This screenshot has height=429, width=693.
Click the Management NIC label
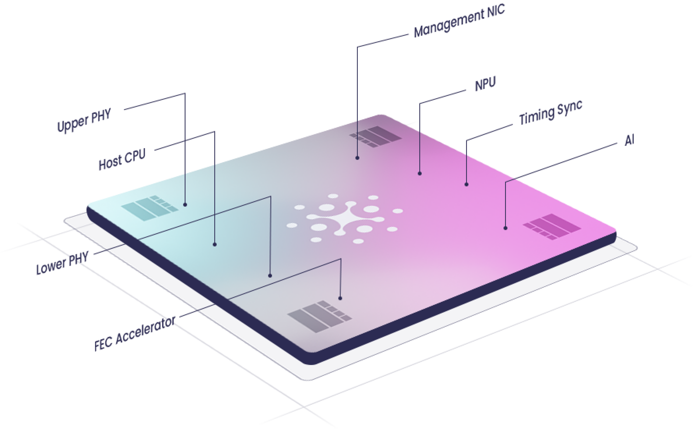(x=459, y=21)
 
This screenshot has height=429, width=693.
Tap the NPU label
(x=485, y=84)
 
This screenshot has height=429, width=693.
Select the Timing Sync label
(x=551, y=112)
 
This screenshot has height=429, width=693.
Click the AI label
(x=630, y=140)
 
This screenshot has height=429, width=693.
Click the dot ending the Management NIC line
(x=357, y=158)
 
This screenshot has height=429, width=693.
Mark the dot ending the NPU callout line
(x=420, y=173)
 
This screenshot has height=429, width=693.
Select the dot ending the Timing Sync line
(x=466, y=184)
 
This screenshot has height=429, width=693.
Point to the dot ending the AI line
(x=505, y=228)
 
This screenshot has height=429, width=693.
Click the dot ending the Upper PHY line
(x=185, y=205)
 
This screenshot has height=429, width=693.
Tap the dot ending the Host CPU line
(x=215, y=244)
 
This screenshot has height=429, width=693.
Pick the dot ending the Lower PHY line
(x=270, y=275)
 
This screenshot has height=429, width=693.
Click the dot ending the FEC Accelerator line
(x=340, y=298)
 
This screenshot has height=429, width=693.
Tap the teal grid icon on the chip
(x=150, y=208)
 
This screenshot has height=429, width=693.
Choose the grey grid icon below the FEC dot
(x=320, y=316)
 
